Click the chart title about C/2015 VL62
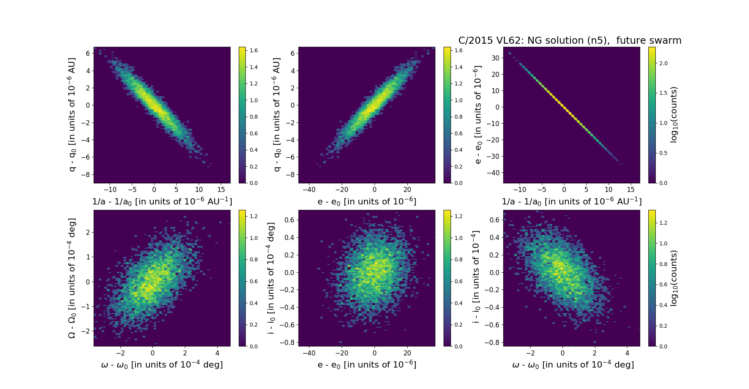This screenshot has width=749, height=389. click(x=570, y=41)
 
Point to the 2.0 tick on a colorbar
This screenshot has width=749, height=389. click(x=663, y=63)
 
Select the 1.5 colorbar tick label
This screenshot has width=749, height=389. click(x=663, y=93)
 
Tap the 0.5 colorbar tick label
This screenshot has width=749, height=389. click(x=663, y=153)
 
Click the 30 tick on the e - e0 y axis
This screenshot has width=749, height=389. click(x=495, y=58)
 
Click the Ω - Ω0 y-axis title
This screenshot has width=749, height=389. click(x=72, y=278)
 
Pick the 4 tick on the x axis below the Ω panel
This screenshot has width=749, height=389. click(x=217, y=353)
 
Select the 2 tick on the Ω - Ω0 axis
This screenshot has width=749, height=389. click(x=88, y=233)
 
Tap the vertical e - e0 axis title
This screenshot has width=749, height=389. click(x=478, y=115)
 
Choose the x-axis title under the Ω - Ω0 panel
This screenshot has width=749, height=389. click(x=162, y=365)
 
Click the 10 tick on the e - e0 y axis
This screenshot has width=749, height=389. click(x=495, y=91)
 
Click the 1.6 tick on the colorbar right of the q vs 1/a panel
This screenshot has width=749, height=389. click(x=254, y=50)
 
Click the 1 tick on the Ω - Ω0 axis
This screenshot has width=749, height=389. click(x=88, y=257)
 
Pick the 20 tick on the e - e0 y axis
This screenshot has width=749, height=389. click(x=495, y=74)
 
